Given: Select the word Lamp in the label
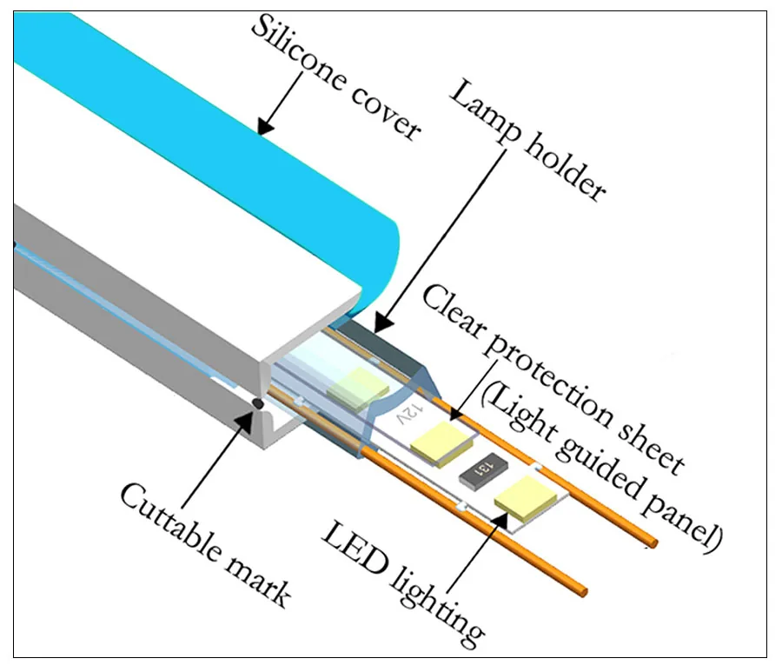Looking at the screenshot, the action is (485, 113).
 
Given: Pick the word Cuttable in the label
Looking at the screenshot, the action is (170, 524).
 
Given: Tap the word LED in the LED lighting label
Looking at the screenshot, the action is (355, 549).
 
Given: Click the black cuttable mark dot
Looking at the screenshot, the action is (258, 402).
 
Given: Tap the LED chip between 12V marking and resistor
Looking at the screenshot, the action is (441, 443).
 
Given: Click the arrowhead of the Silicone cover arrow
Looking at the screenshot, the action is (264, 126).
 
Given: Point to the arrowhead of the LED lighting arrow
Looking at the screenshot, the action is (500, 520).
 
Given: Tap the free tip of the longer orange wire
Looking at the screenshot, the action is (653, 542).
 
